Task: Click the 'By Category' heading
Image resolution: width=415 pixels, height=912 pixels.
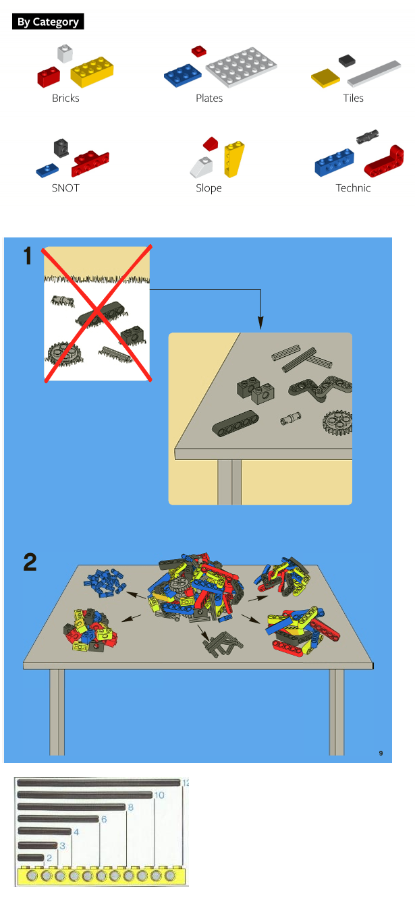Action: click(48, 22)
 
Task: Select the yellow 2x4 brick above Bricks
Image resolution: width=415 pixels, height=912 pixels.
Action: click(92, 72)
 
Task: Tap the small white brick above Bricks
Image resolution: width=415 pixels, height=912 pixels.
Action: click(65, 53)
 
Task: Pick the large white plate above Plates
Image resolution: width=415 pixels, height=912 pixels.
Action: click(241, 67)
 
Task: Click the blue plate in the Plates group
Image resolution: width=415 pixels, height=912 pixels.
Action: click(182, 75)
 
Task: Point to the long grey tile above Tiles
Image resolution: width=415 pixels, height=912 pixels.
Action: click(374, 74)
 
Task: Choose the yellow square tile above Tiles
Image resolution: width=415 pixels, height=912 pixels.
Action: click(325, 78)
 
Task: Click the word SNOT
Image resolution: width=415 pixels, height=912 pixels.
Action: click(65, 188)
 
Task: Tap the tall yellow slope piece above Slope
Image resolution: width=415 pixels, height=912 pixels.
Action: click(234, 159)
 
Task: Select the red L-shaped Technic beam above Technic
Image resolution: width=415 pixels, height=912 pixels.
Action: click(385, 162)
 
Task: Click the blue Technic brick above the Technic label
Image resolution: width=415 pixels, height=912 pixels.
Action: click(334, 162)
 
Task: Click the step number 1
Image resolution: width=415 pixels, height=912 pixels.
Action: click(28, 256)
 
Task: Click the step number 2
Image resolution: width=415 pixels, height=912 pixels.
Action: click(30, 563)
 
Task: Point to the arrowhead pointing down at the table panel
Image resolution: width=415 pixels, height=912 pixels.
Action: click(260, 323)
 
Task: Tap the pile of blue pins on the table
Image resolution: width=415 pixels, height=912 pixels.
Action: click(105, 582)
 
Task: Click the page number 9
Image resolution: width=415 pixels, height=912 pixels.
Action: click(381, 753)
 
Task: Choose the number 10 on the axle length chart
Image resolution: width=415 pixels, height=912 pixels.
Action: click(159, 795)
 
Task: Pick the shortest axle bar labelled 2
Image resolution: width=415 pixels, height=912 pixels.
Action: click(31, 857)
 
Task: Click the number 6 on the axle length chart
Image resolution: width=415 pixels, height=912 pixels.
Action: click(104, 819)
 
